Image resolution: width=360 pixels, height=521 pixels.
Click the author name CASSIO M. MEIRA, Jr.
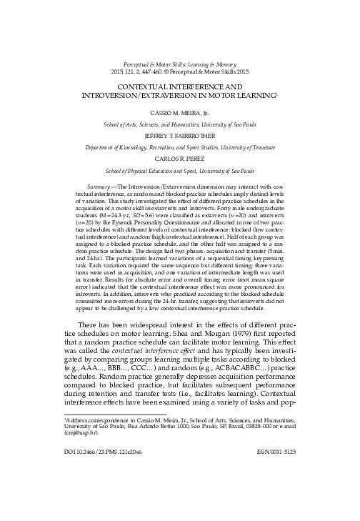(x=181, y=113)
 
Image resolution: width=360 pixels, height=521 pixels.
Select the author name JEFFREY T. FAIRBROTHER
(x=181, y=133)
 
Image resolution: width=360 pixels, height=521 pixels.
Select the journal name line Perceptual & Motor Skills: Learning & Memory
(x=180, y=64)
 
